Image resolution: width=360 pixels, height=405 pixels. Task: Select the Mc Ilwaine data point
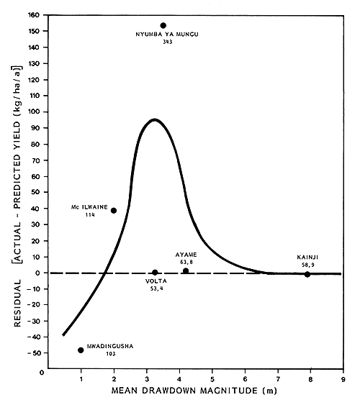point(114,210)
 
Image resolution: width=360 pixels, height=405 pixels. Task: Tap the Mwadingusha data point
point(81,350)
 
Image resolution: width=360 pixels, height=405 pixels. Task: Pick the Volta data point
point(155,273)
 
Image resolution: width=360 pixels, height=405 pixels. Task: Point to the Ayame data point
point(186,270)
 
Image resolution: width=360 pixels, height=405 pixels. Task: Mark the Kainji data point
point(307,274)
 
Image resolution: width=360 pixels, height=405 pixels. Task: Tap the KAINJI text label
point(307,258)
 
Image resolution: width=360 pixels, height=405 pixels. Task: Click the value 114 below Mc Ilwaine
point(90,216)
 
